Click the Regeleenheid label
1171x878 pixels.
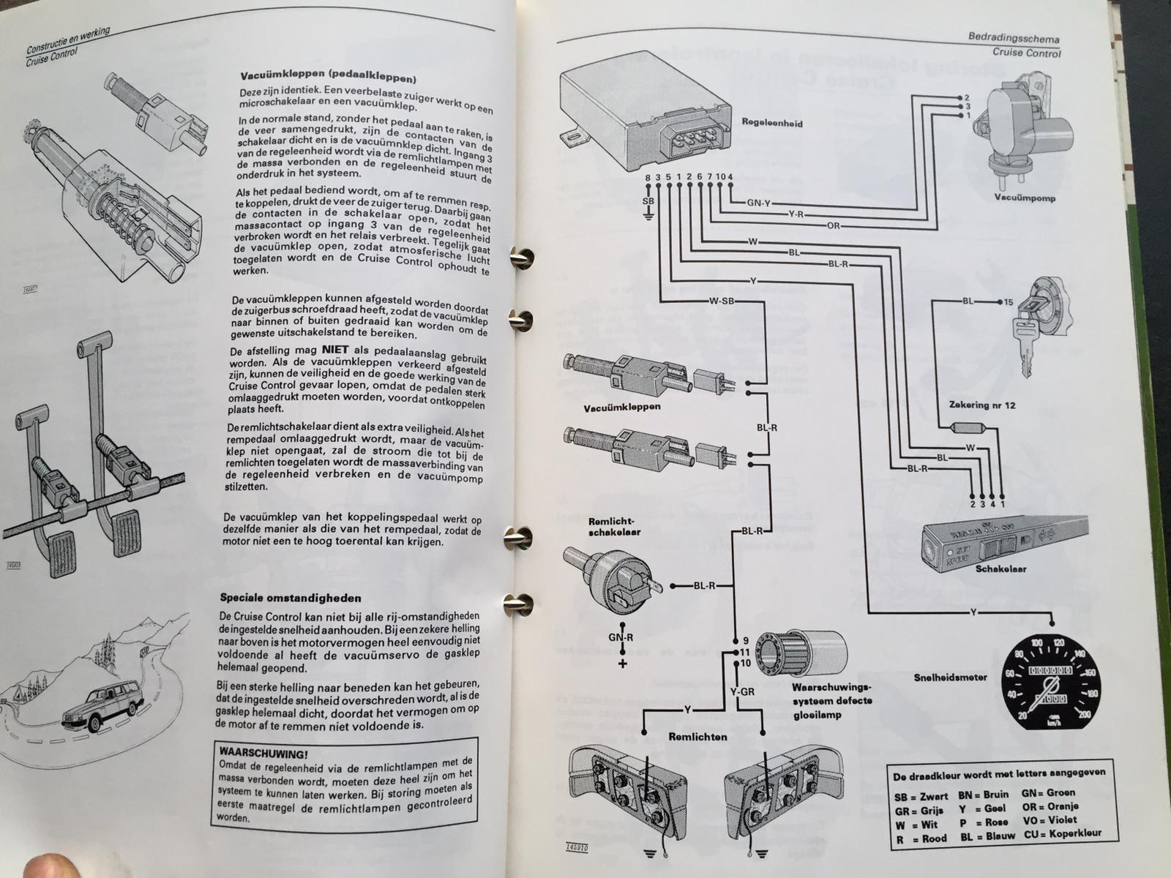coord(771,124)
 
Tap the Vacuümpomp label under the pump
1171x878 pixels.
coord(1024,198)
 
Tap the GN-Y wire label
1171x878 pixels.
coord(759,203)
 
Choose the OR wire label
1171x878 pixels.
coord(834,225)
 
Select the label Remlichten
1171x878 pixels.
coord(697,737)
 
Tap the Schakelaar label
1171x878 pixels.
coord(1002,569)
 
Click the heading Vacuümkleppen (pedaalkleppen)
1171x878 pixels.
coord(329,76)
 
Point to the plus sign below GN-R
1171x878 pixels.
coord(624,664)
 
